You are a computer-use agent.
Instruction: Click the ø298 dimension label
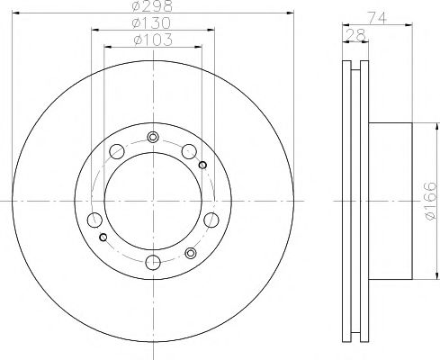tap(152, 7)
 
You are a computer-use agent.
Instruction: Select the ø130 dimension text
tap(152, 23)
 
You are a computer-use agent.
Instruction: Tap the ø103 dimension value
tap(152, 40)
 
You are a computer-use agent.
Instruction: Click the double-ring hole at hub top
tap(152, 138)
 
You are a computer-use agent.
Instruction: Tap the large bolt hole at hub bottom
tap(152, 262)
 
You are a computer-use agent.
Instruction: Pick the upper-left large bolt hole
tap(114, 151)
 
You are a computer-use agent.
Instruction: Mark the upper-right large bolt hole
tap(190, 151)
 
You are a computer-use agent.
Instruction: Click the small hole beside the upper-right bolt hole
tap(202, 164)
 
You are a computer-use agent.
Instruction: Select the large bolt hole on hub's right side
tap(211, 219)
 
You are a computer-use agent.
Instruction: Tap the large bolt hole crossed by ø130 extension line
tap(93, 219)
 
